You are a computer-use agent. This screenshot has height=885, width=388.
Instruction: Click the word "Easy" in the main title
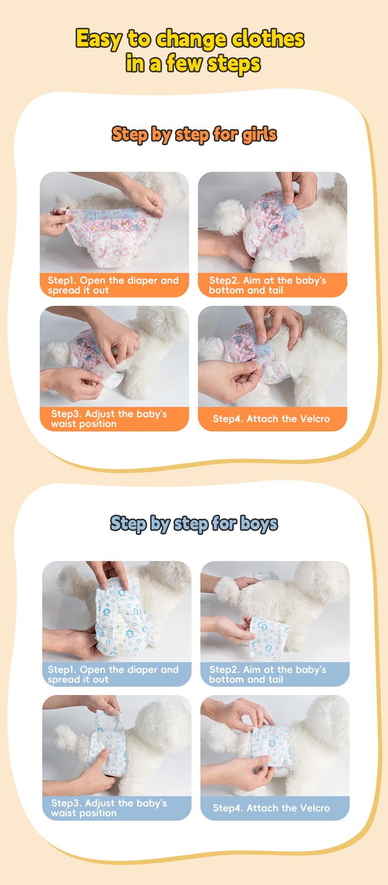[x=98, y=39]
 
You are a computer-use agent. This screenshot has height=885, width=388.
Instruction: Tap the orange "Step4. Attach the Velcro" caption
[x=271, y=419]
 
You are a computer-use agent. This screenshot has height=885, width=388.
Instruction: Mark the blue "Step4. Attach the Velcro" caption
[x=271, y=808]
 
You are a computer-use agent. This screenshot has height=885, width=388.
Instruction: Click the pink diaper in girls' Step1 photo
[x=111, y=236]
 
